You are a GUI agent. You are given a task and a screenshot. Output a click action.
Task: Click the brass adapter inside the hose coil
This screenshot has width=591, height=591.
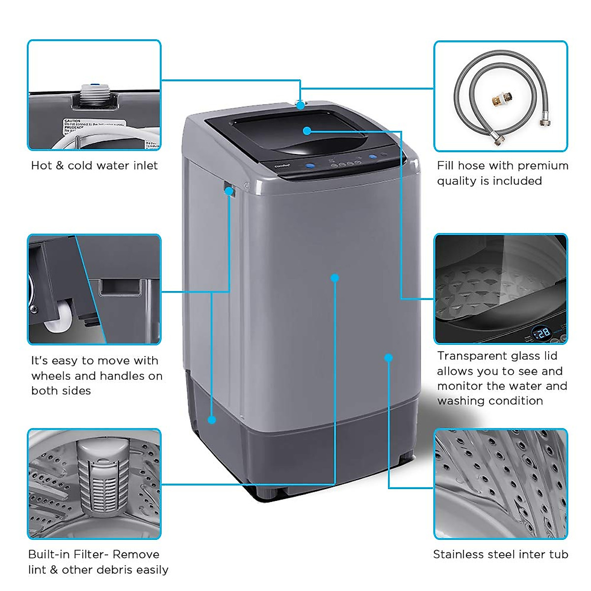[502, 100]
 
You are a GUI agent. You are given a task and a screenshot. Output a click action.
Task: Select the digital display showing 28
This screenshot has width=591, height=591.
[542, 333]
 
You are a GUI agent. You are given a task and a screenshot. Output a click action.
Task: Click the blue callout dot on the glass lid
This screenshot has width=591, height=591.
[307, 131]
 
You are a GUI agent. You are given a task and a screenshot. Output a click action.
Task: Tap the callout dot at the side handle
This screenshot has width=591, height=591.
[229, 191]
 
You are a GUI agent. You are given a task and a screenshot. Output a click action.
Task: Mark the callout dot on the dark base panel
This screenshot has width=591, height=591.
[212, 420]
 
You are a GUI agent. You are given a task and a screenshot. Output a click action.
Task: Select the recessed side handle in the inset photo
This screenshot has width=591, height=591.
[121, 288]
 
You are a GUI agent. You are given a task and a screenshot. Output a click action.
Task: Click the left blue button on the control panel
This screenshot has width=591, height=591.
[310, 166]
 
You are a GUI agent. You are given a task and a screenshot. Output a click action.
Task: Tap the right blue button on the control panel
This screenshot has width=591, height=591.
[373, 158]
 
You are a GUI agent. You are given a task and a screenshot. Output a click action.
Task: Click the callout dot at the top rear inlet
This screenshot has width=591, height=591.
[300, 105]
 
